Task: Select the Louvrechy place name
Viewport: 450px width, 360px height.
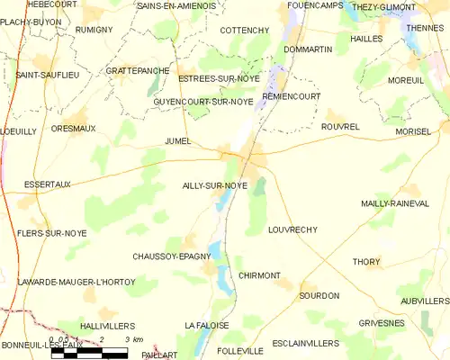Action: (292, 229)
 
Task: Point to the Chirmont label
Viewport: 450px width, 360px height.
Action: (260, 275)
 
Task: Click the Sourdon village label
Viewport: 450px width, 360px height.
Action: (319, 295)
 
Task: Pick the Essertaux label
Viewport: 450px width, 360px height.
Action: (37, 184)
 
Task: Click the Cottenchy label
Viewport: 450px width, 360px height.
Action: (245, 31)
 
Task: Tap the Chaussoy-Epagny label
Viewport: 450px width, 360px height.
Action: (171, 256)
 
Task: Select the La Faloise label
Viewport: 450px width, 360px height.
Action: (206, 324)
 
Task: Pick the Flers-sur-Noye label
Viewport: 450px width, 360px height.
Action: (51, 233)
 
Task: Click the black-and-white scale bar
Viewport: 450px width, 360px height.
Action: (90, 353)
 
